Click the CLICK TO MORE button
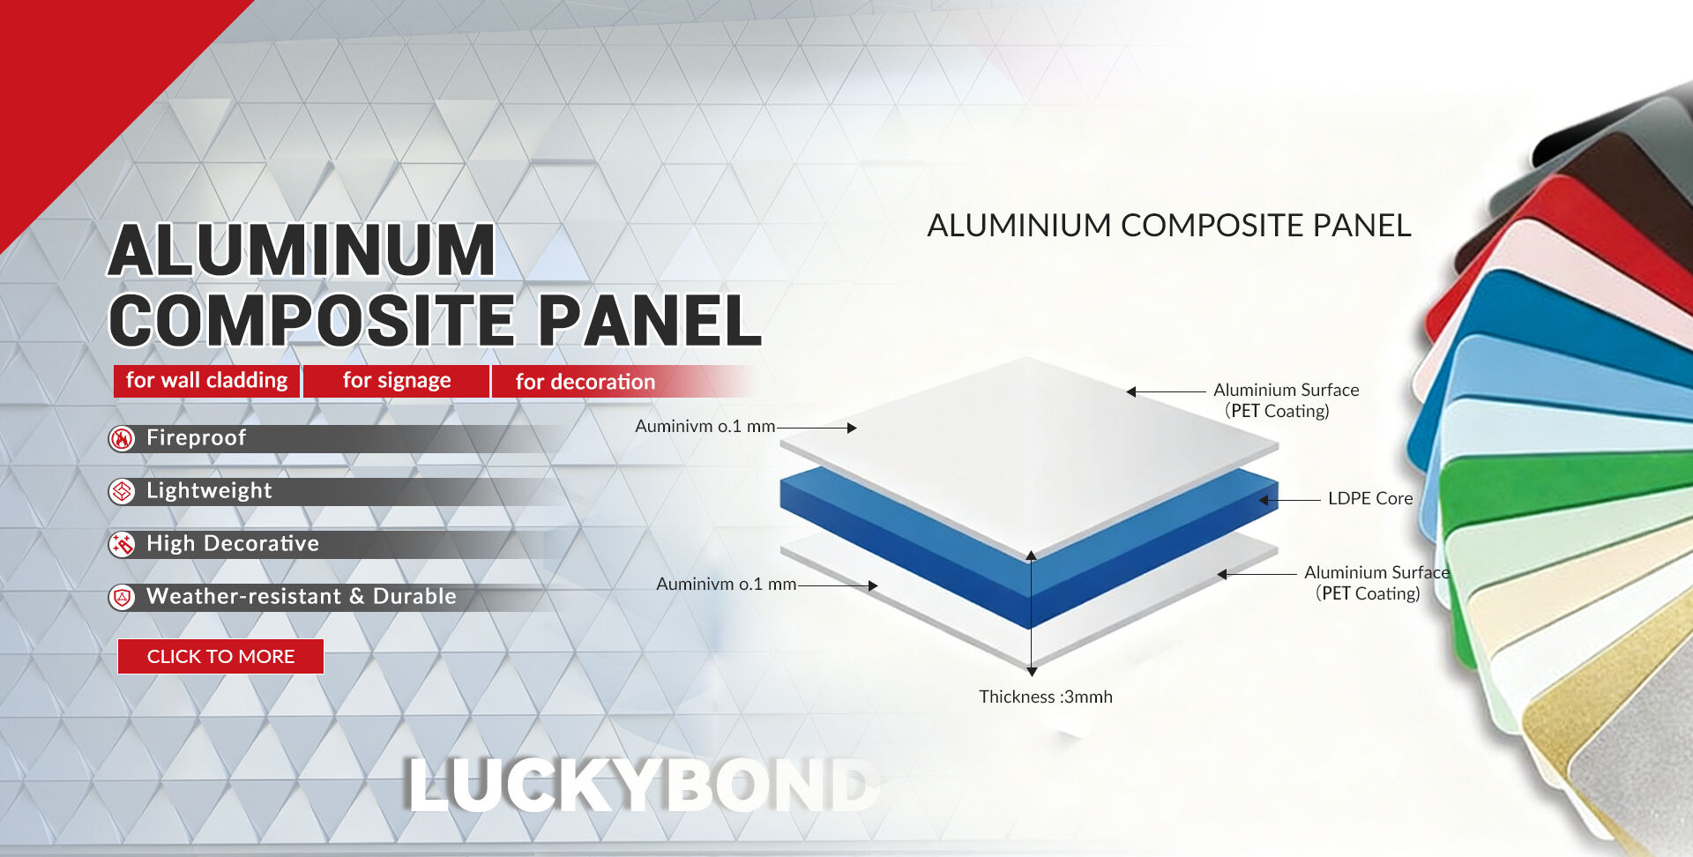click(x=220, y=656)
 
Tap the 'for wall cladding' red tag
click(x=207, y=380)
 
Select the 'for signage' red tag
click(x=397, y=380)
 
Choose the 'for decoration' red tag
click(x=585, y=381)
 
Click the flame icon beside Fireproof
click(x=122, y=438)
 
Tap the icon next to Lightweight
click(x=122, y=491)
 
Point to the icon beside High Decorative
click(x=122, y=544)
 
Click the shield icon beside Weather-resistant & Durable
click(x=122, y=597)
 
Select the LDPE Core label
click(x=1370, y=498)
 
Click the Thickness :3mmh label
click(x=1046, y=697)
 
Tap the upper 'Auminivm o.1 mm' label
click(x=705, y=426)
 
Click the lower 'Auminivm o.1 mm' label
click(x=727, y=584)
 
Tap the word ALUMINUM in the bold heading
click(x=302, y=250)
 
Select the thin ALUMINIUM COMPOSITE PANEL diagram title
click(x=1169, y=225)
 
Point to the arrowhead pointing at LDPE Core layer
click(x=1264, y=500)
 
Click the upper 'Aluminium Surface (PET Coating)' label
click(x=1286, y=400)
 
